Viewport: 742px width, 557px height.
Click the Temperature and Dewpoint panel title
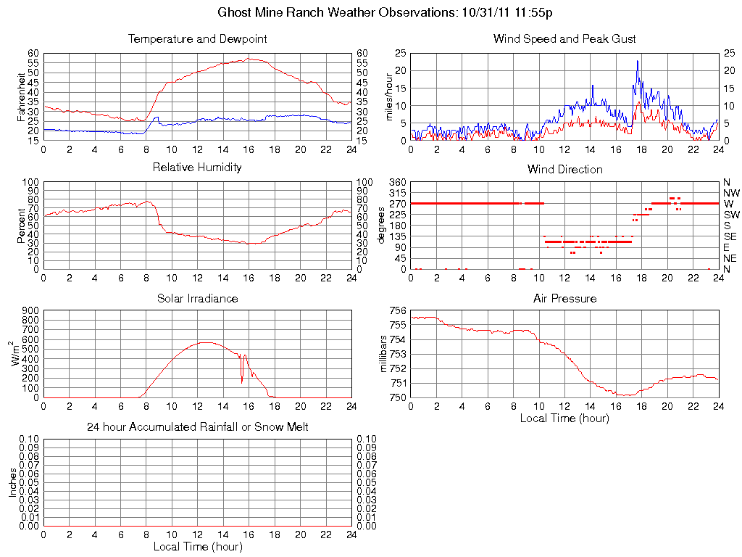click(x=197, y=39)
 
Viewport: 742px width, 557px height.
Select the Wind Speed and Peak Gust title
click(x=564, y=39)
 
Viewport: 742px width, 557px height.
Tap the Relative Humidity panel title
click(x=197, y=168)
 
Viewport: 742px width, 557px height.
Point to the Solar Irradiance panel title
click(x=197, y=298)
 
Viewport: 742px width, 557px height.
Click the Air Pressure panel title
click(x=564, y=298)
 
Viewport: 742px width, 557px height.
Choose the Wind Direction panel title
click(x=564, y=169)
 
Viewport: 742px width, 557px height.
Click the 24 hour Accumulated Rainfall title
click(x=197, y=427)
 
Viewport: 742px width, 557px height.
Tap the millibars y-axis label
click(x=385, y=354)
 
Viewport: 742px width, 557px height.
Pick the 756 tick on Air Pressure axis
click(x=397, y=310)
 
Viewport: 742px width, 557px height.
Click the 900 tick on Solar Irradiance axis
click(x=31, y=310)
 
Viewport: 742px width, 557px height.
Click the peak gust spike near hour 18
click(x=637, y=62)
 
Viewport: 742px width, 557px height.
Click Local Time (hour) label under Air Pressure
click(x=564, y=418)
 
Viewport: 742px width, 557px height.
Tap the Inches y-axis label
click(x=12, y=482)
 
